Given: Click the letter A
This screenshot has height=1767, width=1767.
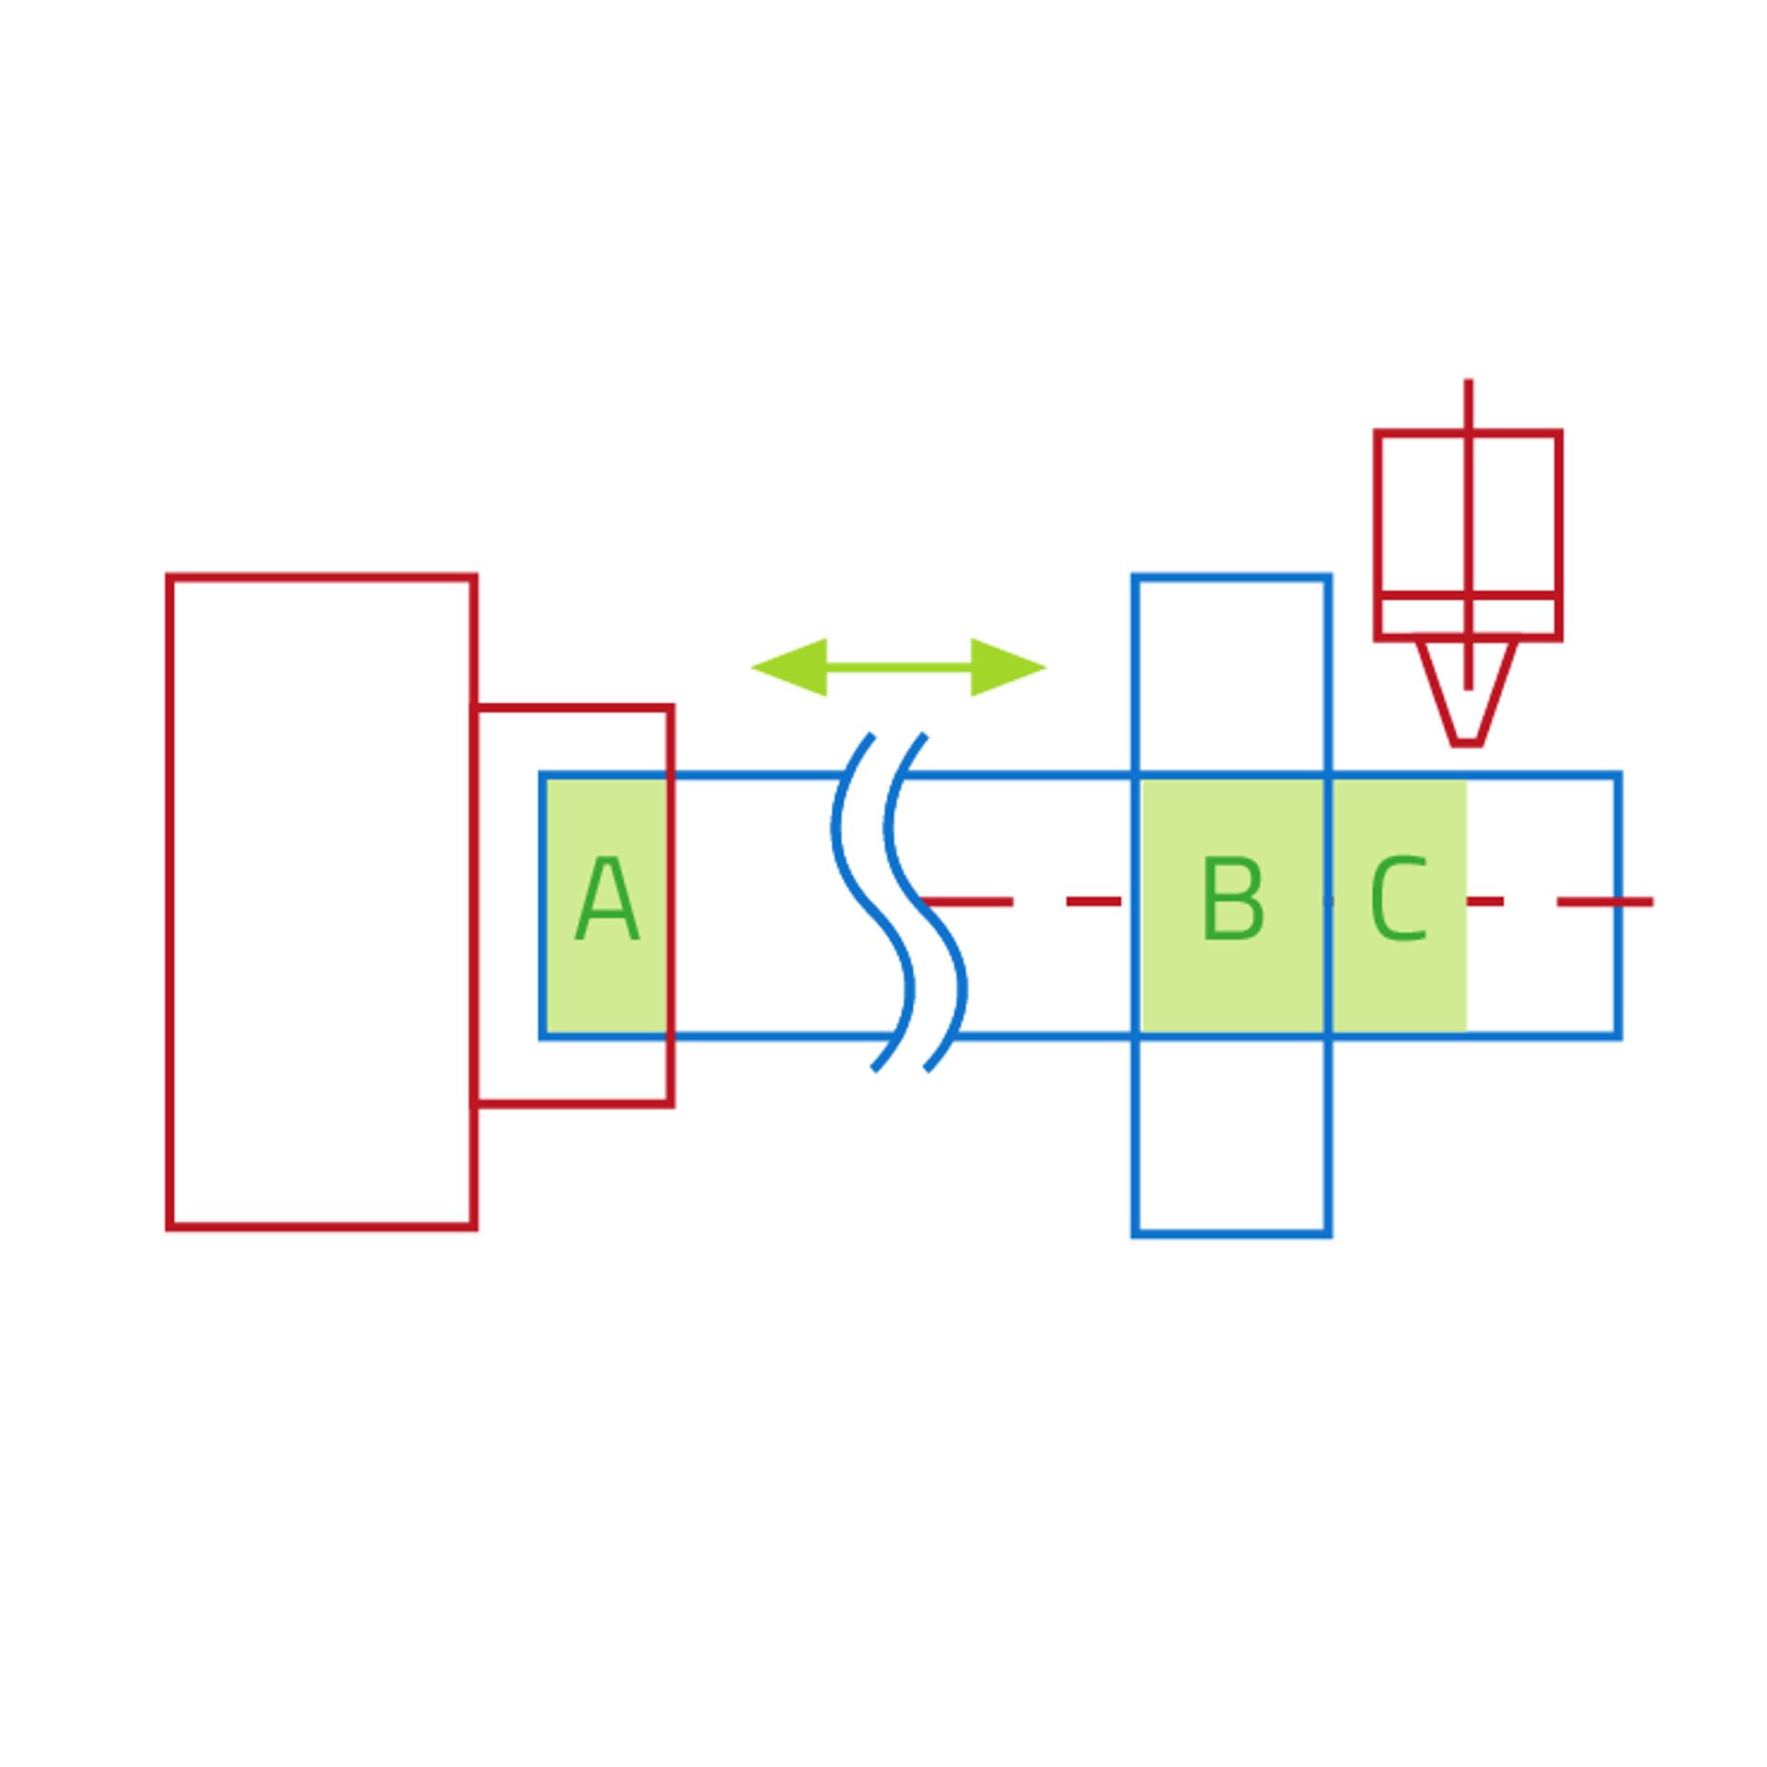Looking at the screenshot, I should click(606, 900).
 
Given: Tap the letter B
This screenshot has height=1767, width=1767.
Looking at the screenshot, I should click(1232, 900).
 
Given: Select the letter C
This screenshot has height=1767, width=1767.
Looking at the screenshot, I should click(1398, 900).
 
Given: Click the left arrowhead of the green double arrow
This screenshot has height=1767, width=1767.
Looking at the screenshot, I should click(791, 667).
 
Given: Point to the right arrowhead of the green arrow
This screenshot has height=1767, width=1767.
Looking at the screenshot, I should click(1006, 667).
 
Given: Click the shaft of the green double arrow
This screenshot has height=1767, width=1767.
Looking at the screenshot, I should click(898, 667).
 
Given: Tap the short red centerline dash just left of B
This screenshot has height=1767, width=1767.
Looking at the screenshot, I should click(1093, 902).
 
